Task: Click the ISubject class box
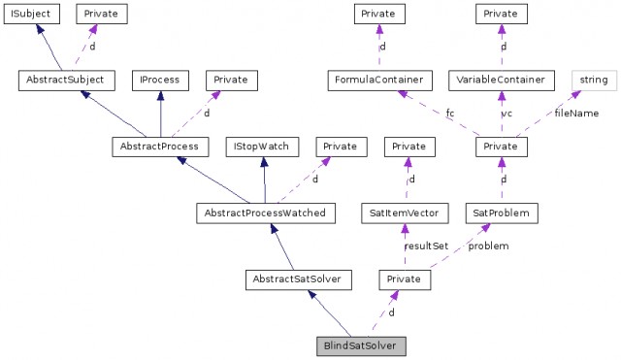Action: pyautogui.click(x=32, y=14)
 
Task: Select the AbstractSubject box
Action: pyautogui.click(x=67, y=81)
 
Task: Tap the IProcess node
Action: pyautogui.click(x=160, y=81)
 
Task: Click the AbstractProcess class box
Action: pyautogui.click(x=160, y=147)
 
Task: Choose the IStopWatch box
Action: pyautogui.click(x=262, y=147)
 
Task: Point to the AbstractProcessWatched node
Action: pyautogui.click(x=266, y=213)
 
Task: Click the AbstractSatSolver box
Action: pyautogui.click(x=298, y=279)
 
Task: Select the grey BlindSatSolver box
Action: pyautogui.click(x=361, y=346)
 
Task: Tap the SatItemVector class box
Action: pyautogui.click(x=405, y=213)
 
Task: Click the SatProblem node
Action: pyautogui.click(x=502, y=213)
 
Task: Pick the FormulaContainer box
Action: pyautogui.click(x=379, y=81)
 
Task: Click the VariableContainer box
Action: pyautogui.click(x=502, y=81)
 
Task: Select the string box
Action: pyautogui.click(x=595, y=81)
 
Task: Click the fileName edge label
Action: pyautogui.click(x=576, y=114)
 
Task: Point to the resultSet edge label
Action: pyautogui.click(x=427, y=245)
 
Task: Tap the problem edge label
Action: pyautogui.click(x=488, y=245)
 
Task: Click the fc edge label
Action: pyautogui.click(x=450, y=114)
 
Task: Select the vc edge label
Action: pyautogui.click(x=507, y=114)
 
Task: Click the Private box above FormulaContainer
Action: pyautogui.click(x=379, y=14)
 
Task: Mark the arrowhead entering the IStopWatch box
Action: pyautogui.click(x=264, y=162)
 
